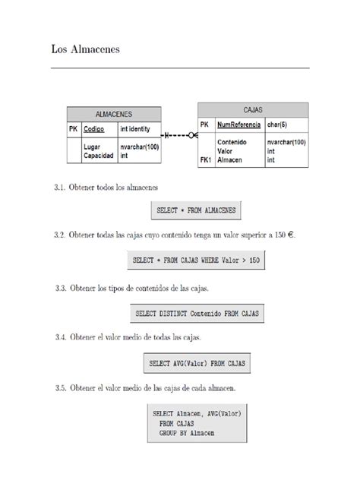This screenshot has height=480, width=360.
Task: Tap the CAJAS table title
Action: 254,109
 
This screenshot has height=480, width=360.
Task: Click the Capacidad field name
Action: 99,155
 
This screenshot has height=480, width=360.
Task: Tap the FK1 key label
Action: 205,160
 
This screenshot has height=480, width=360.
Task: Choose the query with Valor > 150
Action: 197,261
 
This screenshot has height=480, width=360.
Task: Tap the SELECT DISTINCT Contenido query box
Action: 197,312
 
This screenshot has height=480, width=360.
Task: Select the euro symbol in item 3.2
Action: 286,235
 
